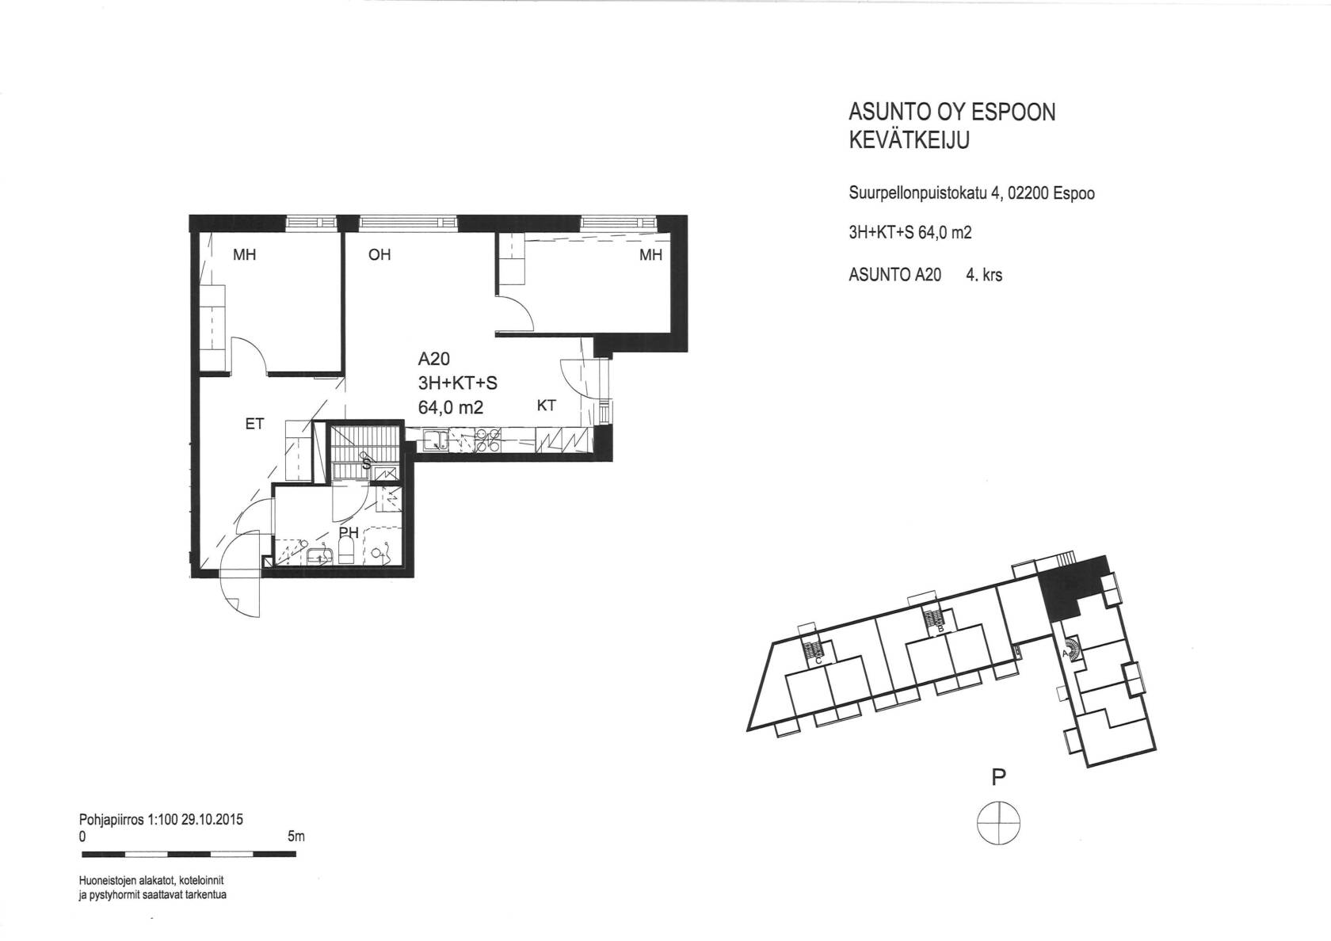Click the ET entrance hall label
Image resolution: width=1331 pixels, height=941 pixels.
[x=255, y=424]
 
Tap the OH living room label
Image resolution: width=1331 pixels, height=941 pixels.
[x=379, y=255]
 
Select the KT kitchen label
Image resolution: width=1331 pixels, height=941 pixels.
[x=546, y=406]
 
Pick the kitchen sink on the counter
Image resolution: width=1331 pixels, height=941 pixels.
[x=436, y=441]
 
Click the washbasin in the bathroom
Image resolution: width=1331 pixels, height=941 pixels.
[x=320, y=557]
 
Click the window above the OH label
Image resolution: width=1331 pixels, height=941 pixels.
[x=408, y=223]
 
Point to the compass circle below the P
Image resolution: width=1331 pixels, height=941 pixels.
[x=999, y=822]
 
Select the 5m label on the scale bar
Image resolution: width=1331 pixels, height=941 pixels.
[x=296, y=836]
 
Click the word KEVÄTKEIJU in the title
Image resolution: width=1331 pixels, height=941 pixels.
[x=910, y=140]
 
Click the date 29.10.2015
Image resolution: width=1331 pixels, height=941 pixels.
[x=212, y=820]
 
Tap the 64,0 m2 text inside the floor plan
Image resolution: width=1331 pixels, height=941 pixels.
[x=450, y=407]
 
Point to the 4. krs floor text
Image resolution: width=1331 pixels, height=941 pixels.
[x=984, y=275]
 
